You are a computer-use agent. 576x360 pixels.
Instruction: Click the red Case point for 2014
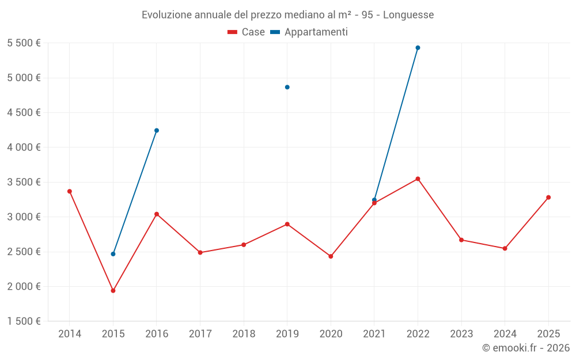tap(70, 191)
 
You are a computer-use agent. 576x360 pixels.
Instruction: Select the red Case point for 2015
tap(113, 291)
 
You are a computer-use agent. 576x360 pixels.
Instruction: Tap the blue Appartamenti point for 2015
tap(113, 254)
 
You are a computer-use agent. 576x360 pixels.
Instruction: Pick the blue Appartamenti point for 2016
tap(157, 130)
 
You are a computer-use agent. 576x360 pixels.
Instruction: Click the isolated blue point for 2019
tap(287, 87)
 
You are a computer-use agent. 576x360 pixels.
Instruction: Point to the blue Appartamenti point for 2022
tap(418, 48)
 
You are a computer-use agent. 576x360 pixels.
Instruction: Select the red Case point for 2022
tap(418, 179)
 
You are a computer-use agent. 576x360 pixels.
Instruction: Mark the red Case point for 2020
tap(331, 256)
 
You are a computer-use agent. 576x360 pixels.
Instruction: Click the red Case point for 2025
tap(548, 198)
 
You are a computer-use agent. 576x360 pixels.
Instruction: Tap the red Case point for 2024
tap(505, 248)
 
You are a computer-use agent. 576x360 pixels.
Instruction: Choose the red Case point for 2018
tap(244, 245)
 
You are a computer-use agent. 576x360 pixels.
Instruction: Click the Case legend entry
tap(247, 32)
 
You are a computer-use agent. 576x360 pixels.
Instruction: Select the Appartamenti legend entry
tap(309, 32)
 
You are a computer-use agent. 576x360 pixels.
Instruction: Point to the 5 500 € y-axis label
tap(24, 43)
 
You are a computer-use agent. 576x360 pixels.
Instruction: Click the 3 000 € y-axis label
tap(24, 217)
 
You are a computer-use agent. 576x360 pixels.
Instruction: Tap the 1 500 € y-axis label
tap(24, 321)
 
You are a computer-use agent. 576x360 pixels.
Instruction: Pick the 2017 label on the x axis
tap(200, 334)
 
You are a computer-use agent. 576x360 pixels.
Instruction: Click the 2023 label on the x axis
tap(461, 334)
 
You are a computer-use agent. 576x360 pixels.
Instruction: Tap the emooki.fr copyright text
tap(525, 348)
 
